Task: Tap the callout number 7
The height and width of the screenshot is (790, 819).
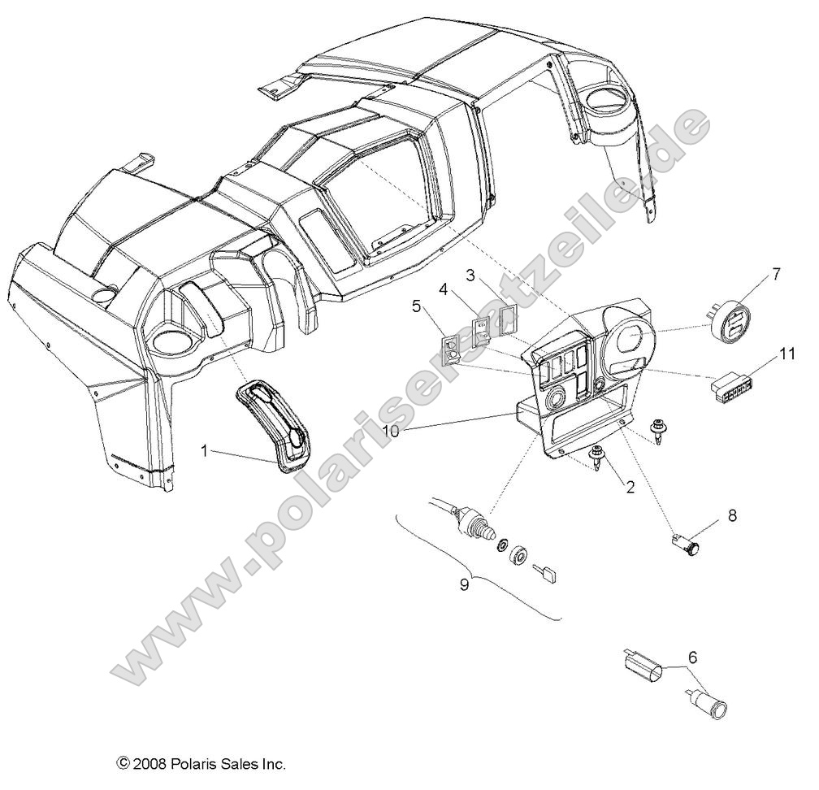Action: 775,274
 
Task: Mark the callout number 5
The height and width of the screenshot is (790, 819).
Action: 416,306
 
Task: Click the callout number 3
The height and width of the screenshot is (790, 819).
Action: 471,274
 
